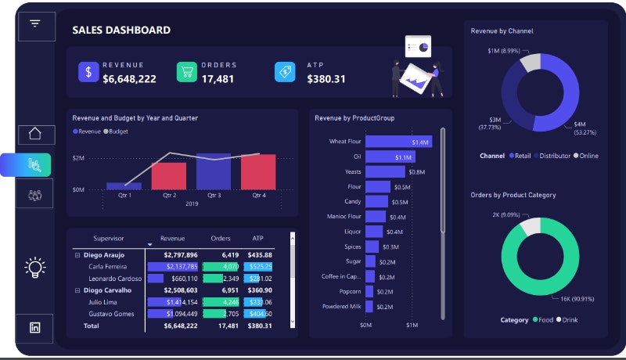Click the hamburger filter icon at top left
(34, 23)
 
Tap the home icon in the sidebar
(34, 133)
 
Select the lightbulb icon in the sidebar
(34, 268)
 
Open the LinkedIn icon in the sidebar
(34, 328)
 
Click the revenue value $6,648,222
(129, 79)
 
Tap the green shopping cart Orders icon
(186, 72)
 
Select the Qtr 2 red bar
(169, 175)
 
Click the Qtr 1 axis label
(124, 196)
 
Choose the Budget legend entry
(117, 131)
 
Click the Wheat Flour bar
(398, 142)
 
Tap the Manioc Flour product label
(344, 217)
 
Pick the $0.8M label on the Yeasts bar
(416, 172)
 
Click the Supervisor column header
(109, 238)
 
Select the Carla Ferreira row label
(110, 267)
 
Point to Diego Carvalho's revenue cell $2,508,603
(180, 290)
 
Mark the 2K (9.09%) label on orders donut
(506, 214)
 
